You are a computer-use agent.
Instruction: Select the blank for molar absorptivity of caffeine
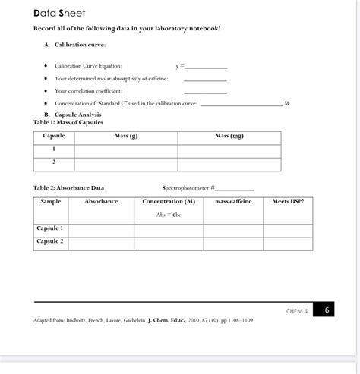[205, 78]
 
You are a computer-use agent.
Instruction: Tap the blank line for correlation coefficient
[205, 90]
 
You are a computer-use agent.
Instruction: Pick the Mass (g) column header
[125, 136]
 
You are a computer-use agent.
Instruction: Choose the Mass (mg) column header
[229, 136]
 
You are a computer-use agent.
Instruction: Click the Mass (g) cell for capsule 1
[125, 149]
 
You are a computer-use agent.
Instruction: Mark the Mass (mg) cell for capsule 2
[229, 162]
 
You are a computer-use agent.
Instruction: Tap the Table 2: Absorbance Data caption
[69, 187]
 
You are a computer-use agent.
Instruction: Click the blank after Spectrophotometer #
[236, 188]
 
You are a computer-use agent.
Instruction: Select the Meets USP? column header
[288, 202]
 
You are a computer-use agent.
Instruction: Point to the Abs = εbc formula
[169, 215]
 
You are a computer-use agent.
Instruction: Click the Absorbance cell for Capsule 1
[101, 228]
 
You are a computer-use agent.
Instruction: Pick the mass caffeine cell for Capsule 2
[232, 242]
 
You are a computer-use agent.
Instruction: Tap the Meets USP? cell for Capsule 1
[288, 228]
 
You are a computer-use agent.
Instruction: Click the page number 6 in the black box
[327, 310]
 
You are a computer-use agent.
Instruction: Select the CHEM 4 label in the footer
[296, 310]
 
